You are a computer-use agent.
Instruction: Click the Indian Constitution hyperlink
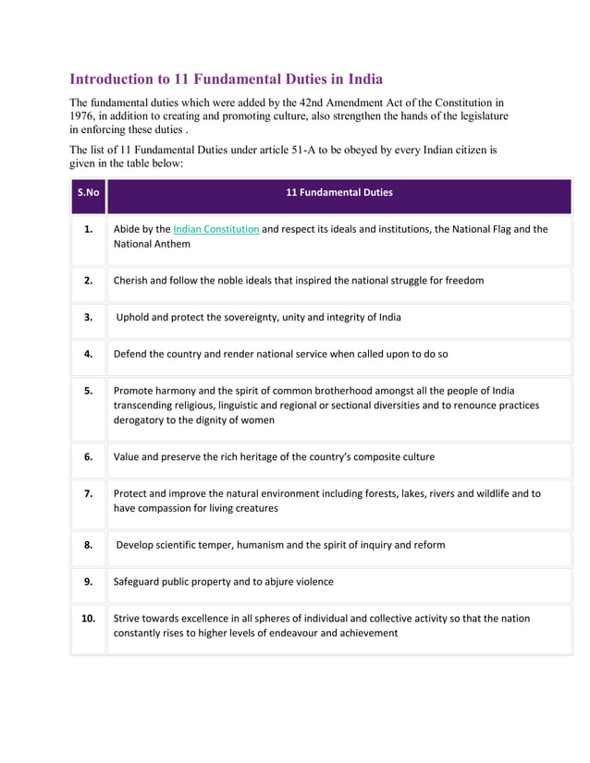(215, 229)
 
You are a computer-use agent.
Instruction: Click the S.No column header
(88, 193)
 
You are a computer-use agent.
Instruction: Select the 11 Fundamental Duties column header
(338, 193)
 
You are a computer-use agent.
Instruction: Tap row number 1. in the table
(88, 229)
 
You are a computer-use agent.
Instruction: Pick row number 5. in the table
(88, 391)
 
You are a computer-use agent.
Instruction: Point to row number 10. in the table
(88, 618)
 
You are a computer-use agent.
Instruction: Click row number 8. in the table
(88, 545)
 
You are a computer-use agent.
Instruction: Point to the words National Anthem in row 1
(152, 245)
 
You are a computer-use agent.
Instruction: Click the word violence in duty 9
(311, 582)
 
